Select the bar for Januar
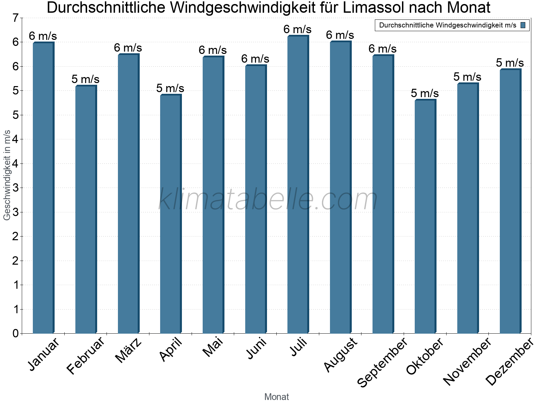pos(43,188)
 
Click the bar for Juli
pos(298,184)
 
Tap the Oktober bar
pos(425,216)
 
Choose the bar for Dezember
pos(510,201)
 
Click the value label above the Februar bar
pos(85,79)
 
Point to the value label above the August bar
pos(340,35)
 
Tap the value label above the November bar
pos(467,77)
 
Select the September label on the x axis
pos(382,362)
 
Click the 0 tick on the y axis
pos(15,333)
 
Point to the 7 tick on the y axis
pos(15,18)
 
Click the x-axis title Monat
pos(276,397)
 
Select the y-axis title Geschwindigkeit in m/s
pos(7,175)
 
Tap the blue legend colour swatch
pos(523,25)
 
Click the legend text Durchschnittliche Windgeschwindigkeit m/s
pos(448,25)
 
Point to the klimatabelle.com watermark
pos(268,199)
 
